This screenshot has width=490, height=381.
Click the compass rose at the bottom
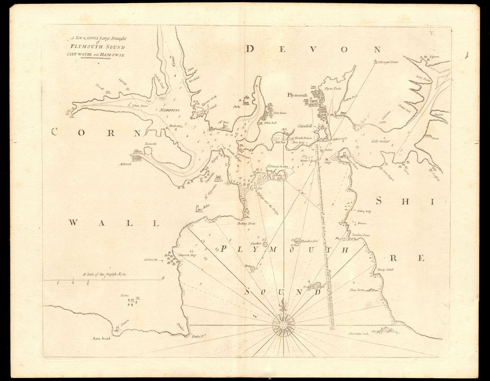click(283, 325)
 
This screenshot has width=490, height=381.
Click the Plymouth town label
click(297, 95)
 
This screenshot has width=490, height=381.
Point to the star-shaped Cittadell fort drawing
click(322, 132)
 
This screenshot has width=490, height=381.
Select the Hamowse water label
click(170, 109)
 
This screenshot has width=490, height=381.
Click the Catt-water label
click(380, 141)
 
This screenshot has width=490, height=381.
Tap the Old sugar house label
click(388, 62)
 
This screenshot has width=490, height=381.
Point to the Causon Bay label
click(187, 255)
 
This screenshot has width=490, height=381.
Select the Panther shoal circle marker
click(265, 244)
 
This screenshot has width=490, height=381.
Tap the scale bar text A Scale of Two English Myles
click(104, 274)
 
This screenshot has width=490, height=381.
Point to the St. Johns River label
click(137, 106)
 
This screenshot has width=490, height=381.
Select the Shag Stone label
click(357, 290)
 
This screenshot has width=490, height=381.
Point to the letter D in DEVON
click(250, 49)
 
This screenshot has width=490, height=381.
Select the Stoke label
click(236, 107)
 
